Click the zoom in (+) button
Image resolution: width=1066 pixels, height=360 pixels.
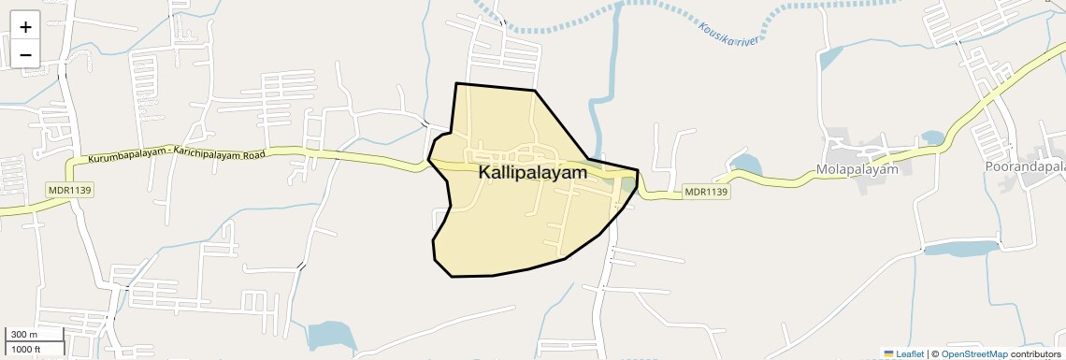pyautogui.click(x=25, y=27)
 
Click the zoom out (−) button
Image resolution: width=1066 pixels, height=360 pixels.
pyautogui.click(x=25, y=55)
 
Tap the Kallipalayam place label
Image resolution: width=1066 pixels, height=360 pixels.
pyautogui.click(x=533, y=173)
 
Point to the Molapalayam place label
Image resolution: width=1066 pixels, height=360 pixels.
pyautogui.click(x=857, y=169)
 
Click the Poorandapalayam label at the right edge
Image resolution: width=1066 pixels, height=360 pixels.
pyautogui.click(x=1024, y=166)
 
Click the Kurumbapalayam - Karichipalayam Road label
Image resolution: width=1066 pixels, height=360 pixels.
pyautogui.click(x=178, y=154)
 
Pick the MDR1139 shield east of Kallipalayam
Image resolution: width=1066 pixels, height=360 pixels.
pyautogui.click(x=705, y=192)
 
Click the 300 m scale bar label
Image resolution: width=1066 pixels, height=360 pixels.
pyautogui.click(x=24, y=335)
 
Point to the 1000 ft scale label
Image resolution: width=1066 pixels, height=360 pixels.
pyautogui.click(x=26, y=349)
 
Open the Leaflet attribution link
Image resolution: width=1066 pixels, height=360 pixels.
pyautogui.click(x=910, y=353)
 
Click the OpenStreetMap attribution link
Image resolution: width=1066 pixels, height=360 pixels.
pyautogui.click(x=973, y=353)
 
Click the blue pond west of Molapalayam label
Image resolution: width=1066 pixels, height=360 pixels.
pyautogui.click(x=746, y=167)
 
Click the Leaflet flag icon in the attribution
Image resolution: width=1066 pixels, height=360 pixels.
pyautogui.click(x=888, y=353)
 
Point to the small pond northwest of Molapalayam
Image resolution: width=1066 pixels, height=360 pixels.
pyautogui.click(x=828, y=58)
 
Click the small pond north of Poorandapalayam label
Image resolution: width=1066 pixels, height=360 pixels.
pyautogui.click(x=931, y=137)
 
